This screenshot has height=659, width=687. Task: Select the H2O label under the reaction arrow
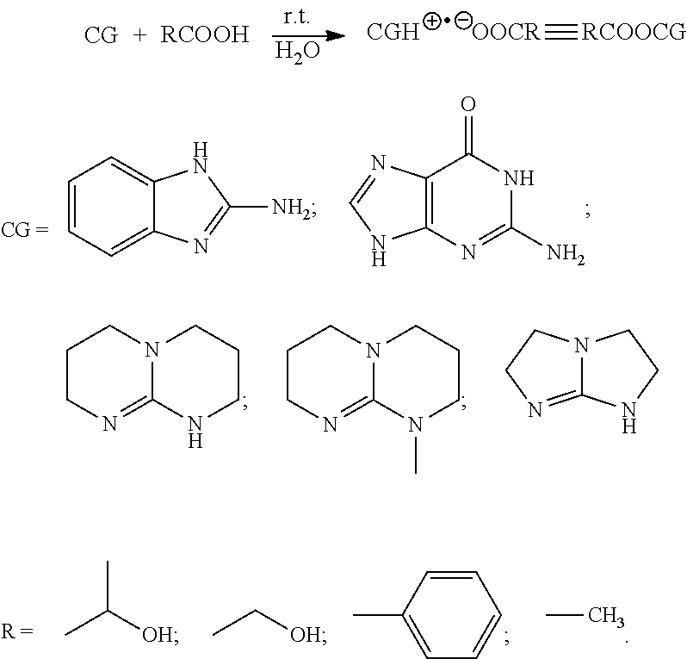[294, 52]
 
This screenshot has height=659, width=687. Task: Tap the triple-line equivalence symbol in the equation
[554, 34]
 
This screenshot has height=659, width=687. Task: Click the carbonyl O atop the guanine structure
[468, 107]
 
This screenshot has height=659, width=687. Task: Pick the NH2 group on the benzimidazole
[288, 208]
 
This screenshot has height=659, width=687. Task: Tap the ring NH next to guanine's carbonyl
[519, 180]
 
